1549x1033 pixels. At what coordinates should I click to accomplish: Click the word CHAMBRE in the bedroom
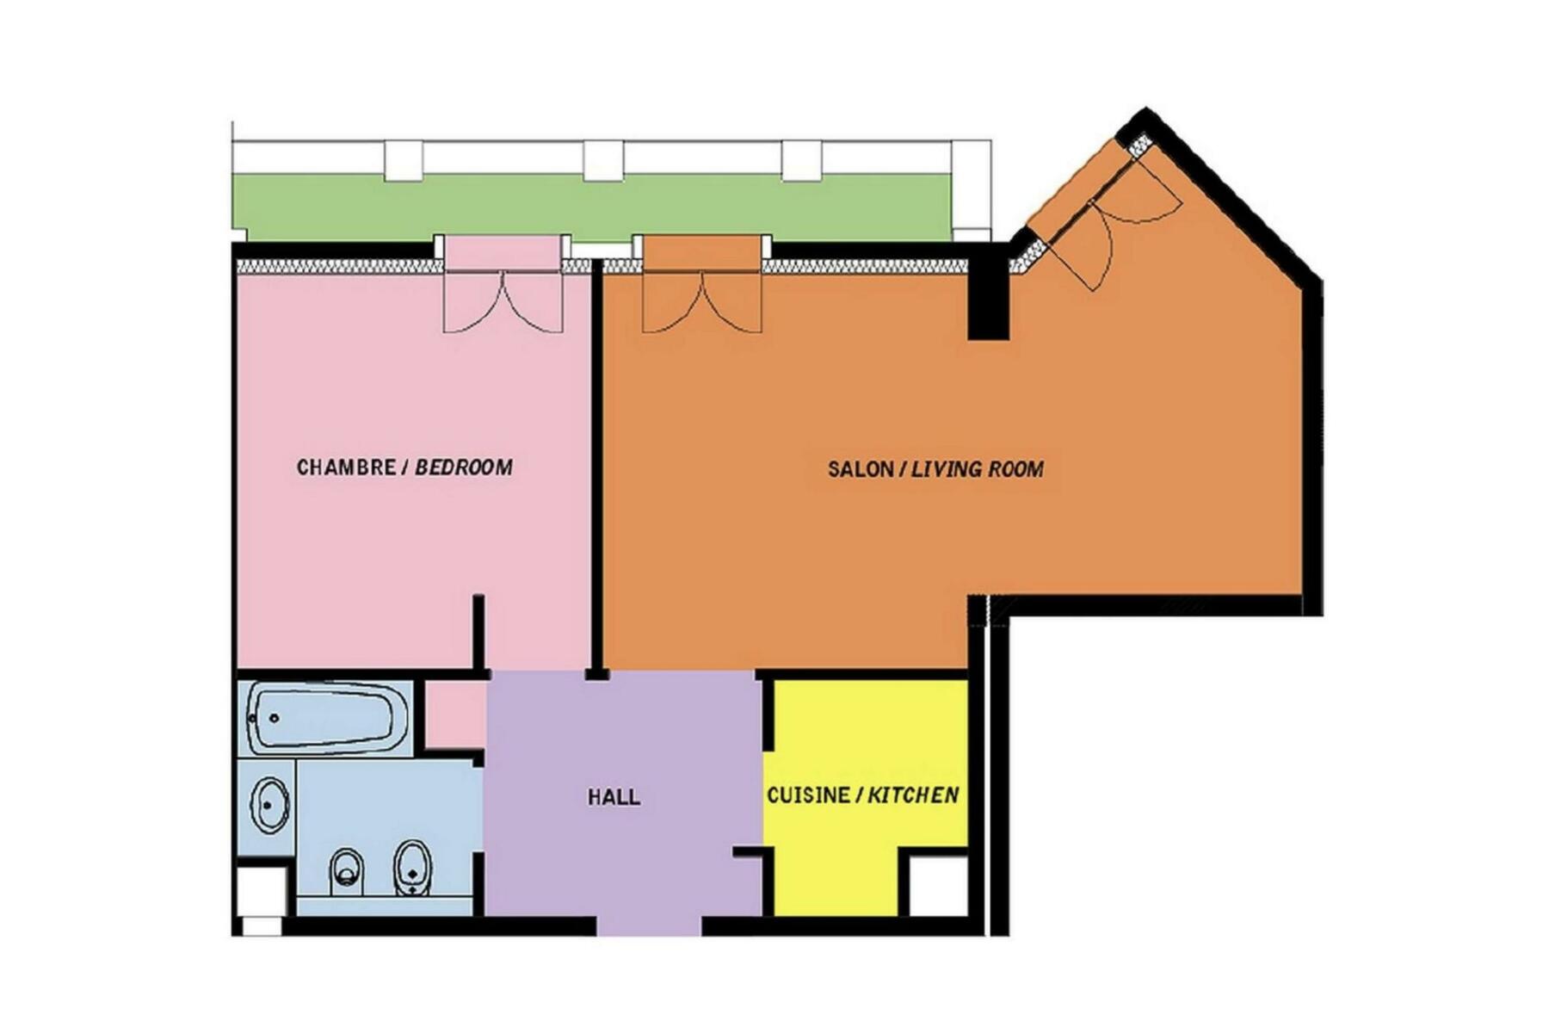(345, 467)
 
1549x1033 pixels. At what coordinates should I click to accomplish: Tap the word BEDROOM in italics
(464, 467)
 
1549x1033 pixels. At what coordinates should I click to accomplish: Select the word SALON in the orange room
(860, 469)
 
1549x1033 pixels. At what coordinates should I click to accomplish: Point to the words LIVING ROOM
(978, 469)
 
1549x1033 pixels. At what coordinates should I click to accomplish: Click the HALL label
(614, 797)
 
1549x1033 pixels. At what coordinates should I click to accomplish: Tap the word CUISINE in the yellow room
(808, 795)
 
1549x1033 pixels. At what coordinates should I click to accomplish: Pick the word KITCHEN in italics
(913, 795)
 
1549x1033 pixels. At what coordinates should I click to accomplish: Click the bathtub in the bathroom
(327, 718)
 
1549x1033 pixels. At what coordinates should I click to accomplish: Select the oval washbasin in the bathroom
(269, 805)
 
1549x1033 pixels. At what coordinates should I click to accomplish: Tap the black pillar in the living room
(988, 293)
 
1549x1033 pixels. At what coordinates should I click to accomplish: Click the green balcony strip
(594, 208)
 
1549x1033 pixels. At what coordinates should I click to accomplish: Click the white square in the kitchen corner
(939, 886)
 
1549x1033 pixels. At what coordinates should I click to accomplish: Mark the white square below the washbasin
(262, 892)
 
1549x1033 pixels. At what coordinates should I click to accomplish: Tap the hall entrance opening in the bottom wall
(650, 926)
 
